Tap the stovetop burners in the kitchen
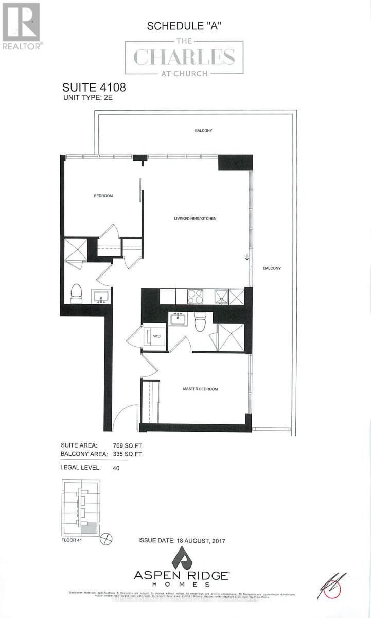click(x=195, y=297)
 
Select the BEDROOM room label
click(x=103, y=196)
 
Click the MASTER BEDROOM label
click(x=200, y=389)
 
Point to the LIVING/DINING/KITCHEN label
click(x=195, y=219)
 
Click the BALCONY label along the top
click(x=203, y=131)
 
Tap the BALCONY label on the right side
click(x=272, y=268)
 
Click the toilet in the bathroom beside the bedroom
click(x=76, y=294)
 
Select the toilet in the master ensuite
click(x=200, y=323)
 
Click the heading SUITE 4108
click(x=94, y=88)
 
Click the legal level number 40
click(x=116, y=468)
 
